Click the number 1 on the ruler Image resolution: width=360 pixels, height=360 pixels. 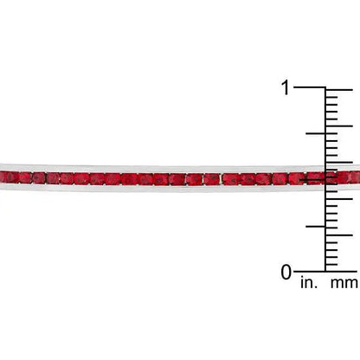pos(286,87)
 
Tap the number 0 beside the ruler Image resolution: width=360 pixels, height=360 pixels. pos(286,272)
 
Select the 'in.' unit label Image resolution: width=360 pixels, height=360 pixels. pos(309,283)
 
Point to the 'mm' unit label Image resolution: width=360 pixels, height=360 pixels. pos(345,283)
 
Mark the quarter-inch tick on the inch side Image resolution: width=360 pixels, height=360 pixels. pos(316,227)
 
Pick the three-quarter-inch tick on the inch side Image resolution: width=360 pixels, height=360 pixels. pos(316,133)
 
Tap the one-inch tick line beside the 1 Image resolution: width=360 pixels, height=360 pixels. pos(310,87)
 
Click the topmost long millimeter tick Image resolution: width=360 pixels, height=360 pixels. pos(339,90)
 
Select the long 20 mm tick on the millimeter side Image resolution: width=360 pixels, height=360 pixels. pos(339,126)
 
